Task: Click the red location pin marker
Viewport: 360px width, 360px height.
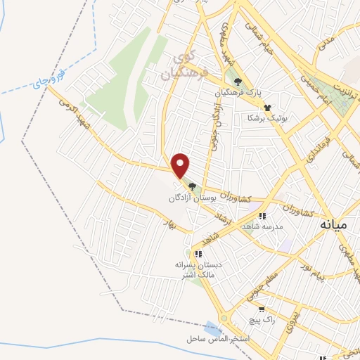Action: [181, 165]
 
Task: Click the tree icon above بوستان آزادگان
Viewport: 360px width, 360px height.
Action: [192, 186]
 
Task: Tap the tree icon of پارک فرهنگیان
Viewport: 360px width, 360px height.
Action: [238, 82]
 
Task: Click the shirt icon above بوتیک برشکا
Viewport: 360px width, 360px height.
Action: [267, 107]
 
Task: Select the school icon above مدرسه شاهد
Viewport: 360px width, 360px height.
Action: [262, 216]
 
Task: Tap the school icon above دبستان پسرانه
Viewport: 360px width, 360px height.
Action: [198, 253]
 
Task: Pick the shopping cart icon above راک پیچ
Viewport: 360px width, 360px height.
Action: [262, 308]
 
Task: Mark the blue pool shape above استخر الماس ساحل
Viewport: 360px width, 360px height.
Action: [211, 328]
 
